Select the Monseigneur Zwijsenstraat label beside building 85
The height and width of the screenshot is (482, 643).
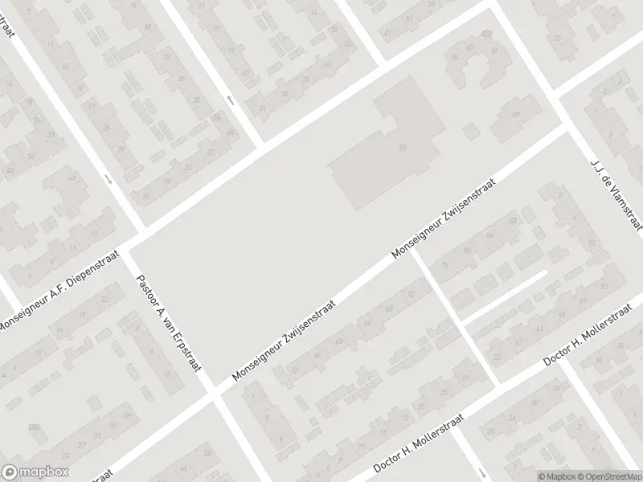(443, 219)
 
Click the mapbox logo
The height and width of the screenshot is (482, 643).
(35, 472)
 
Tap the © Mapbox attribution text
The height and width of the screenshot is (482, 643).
(558, 476)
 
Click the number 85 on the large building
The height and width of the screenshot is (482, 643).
(403, 147)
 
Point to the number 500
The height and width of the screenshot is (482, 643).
(33, 427)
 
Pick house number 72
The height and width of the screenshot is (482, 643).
(412, 295)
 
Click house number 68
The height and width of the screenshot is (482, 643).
(391, 309)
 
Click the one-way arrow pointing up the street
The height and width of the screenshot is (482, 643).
(231, 100)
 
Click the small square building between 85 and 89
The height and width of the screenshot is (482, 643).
(471, 129)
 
